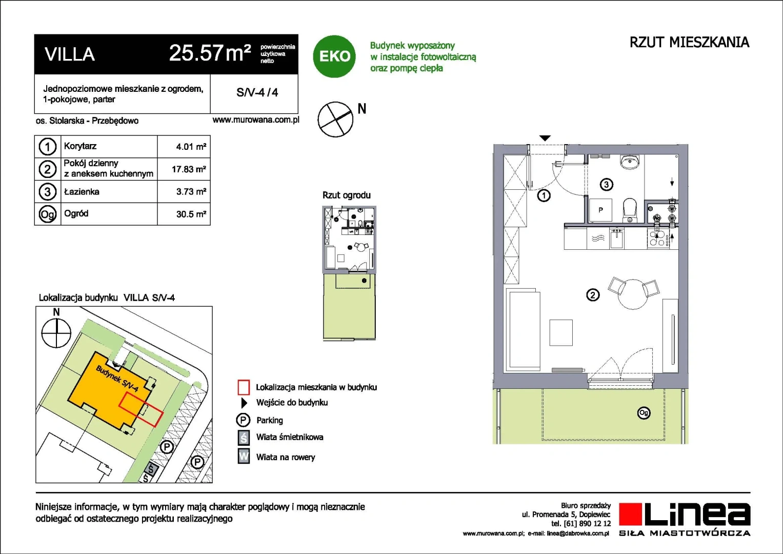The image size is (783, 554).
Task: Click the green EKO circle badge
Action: (334, 56)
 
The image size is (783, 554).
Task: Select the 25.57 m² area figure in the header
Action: (210, 53)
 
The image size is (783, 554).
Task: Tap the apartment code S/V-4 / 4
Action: (257, 92)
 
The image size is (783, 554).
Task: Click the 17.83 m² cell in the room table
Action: (189, 169)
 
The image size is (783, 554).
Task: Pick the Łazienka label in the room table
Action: (82, 192)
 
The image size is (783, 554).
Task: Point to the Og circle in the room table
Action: (48, 214)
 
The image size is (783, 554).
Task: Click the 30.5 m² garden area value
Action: (191, 214)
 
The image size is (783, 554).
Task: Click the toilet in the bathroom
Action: (630, 210)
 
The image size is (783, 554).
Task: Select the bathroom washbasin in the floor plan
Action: (630, 162)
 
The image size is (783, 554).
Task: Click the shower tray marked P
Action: (600, 210)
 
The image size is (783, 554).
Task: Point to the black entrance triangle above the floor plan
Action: (545, 138)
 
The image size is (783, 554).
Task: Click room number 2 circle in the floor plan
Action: (592, 295)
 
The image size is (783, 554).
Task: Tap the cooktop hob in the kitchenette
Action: (658, 239)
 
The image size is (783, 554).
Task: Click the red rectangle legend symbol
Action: (244, 387)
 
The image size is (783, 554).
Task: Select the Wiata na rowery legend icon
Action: (244, 457)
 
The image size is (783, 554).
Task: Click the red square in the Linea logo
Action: (631, 514)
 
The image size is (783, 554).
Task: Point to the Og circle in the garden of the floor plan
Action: (644, 413)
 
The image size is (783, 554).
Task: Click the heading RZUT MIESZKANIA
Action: (689, 42)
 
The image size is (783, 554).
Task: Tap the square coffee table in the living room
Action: (561, 332)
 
